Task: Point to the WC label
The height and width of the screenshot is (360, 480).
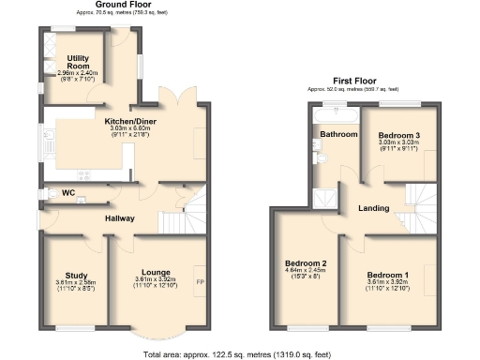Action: (67, 193)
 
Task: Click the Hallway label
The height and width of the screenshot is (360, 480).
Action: (119, 218)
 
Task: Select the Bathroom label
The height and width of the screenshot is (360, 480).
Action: (338, 135)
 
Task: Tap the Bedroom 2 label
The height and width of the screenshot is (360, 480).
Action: (305, 263)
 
